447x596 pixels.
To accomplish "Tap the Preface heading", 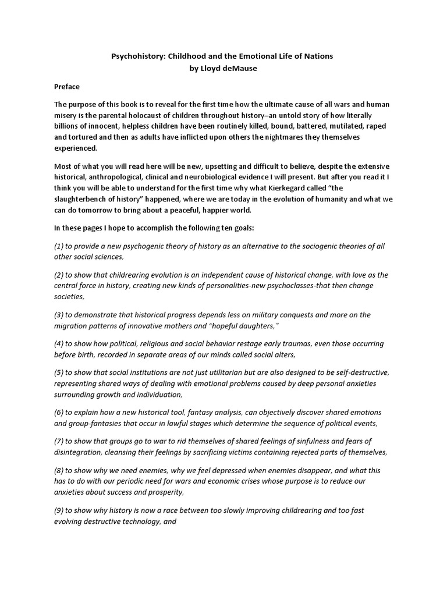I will point(67,86).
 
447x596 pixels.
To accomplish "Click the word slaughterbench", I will point(86,199).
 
